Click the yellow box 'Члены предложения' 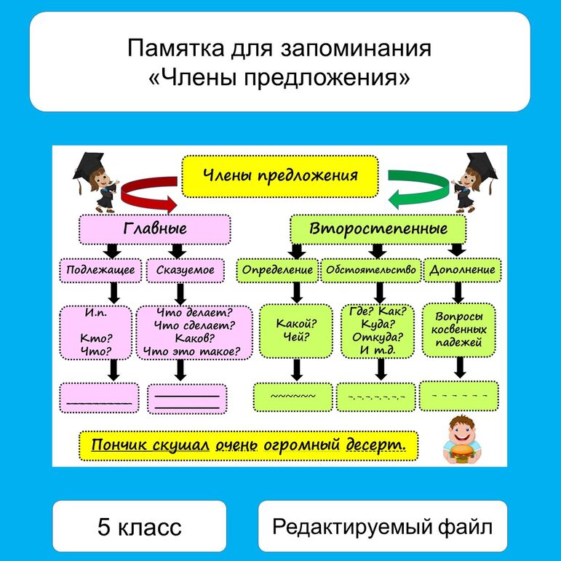[x=279, y=176]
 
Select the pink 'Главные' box [x=154, y=228]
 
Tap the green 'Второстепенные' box [x=378, y=228]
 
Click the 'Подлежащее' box [x=100, y=270]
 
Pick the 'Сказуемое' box [x=186, y=270]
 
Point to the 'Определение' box [x=277, y=270]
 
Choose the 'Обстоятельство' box [x=371, y=270]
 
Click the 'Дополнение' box [x=462, y=270]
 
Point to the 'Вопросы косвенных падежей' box [x=458, y=330]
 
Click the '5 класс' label [x=139, y=526]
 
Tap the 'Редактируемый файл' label [x=382, y=526]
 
